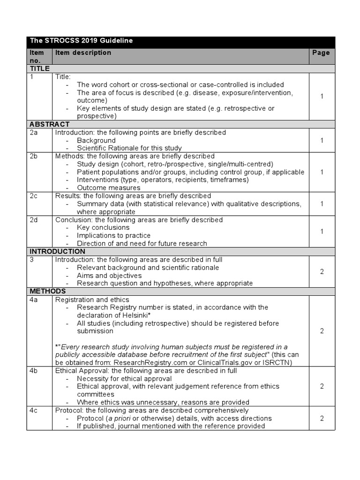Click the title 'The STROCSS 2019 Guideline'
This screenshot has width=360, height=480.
pos(81,41)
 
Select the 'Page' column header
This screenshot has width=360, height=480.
pos(321,53)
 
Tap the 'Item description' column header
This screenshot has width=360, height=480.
pos(83,53)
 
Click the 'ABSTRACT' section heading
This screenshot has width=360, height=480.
pos(49,124)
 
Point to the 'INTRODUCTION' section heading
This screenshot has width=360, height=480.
pos(57,252)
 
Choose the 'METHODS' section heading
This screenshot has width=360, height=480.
pos(48,292)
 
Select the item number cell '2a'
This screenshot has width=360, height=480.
pos(34,133)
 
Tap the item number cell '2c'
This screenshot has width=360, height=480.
pos(34,196)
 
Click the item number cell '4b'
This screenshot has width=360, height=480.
pos(34,371)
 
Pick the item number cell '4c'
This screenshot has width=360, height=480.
pos(34,411)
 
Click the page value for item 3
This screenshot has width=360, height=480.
pos(322,272)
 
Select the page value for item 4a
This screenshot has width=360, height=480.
pos(322,331)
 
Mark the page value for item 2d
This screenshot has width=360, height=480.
pos(322,232)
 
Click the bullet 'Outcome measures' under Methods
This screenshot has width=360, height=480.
pos(109,188)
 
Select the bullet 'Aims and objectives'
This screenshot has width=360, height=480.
pos(109,276)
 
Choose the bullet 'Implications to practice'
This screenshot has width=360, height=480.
pos(114,236)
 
